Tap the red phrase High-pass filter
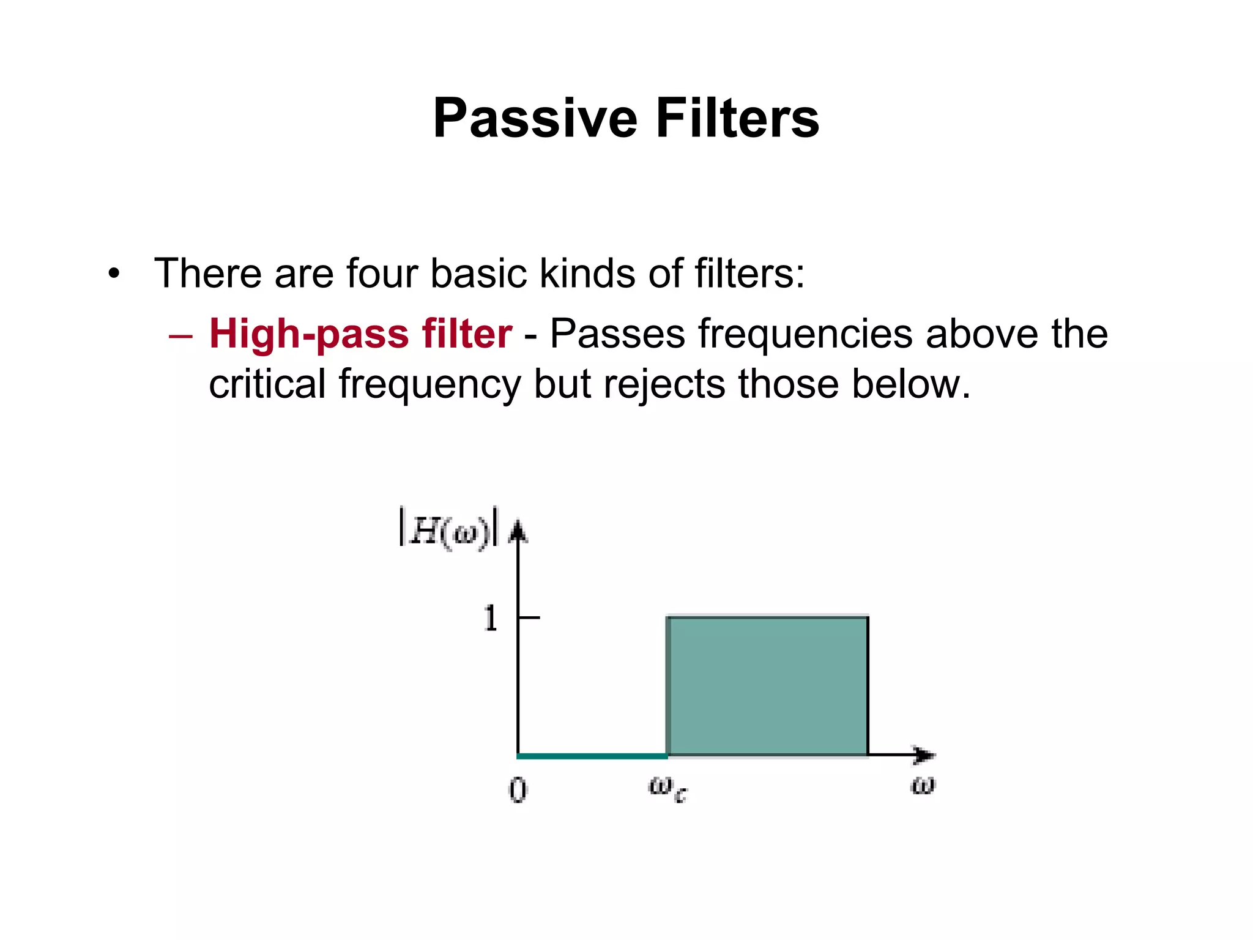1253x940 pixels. (360, 334)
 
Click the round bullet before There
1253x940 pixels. (114, 274)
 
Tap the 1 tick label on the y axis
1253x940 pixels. (490, 618)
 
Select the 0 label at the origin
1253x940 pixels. (518, 790)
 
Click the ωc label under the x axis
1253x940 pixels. (667, 788)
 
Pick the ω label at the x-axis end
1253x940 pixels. (923, 785)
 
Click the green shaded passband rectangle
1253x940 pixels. (768, 686)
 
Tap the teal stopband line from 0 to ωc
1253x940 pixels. (592, 756)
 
